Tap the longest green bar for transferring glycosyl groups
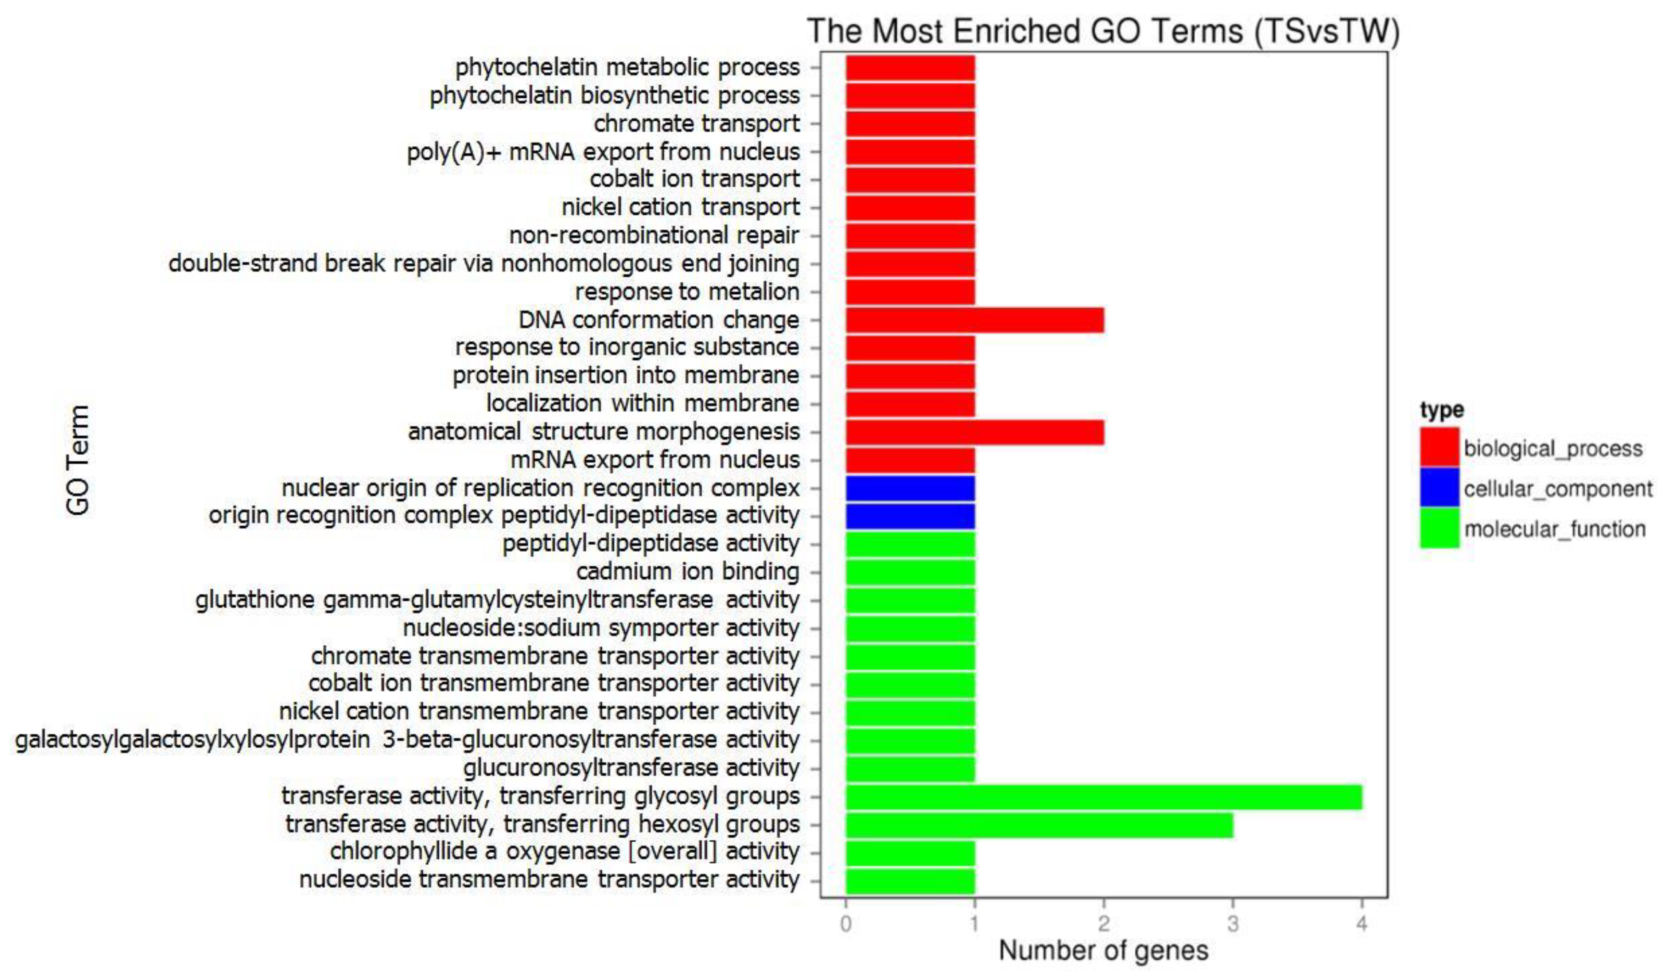point(1103,797)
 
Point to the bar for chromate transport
point(910,123)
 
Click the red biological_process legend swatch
point(1439,447)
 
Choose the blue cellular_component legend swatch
point(1439,488)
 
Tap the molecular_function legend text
point(1555,529)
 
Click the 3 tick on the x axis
point(1233,924)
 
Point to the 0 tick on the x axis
point(846,924)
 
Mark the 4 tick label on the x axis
point(1362,924)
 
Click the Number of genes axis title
point(1103,951)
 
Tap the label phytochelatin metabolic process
point(627,67)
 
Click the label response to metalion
point(687,292)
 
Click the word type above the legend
point(1442,410)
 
